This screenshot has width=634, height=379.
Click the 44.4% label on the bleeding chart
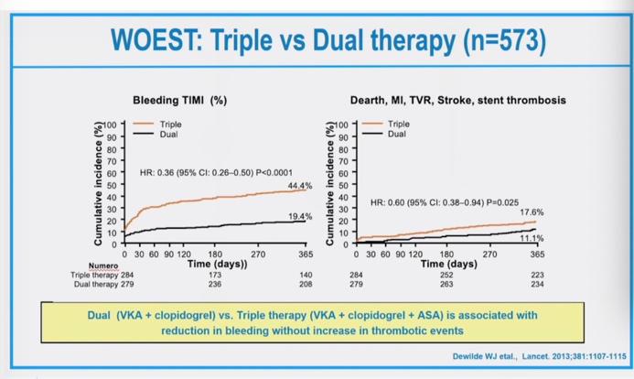300,186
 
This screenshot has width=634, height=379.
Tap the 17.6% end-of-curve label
532,211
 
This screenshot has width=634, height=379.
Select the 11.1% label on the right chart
532,238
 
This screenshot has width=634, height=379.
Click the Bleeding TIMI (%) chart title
179,100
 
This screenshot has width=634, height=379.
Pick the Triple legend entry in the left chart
170,124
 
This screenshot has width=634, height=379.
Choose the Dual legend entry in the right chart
397,134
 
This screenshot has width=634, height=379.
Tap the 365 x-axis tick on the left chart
305,254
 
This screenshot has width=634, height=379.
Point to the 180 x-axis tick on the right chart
446,254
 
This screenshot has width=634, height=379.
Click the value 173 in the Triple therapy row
215,275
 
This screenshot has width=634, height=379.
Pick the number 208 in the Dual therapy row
305,284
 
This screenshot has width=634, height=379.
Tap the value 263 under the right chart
446,284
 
